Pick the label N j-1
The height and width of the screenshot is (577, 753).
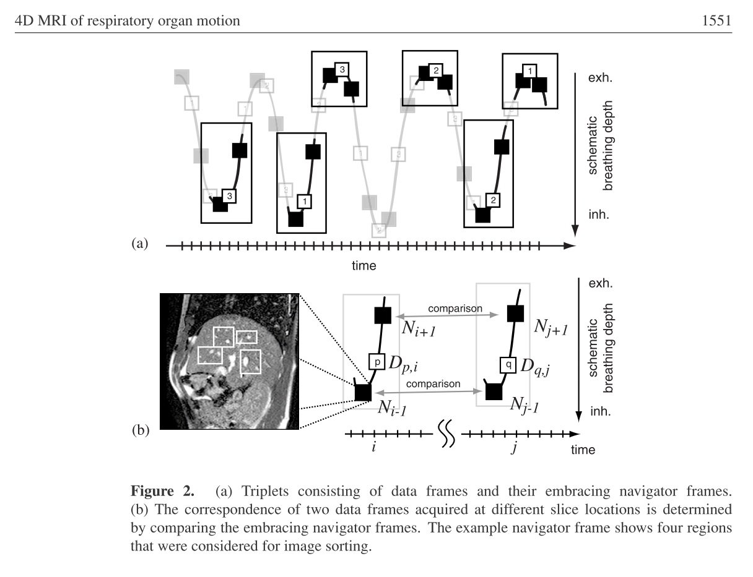(x=524, y=405)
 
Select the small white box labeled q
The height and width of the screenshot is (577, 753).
(x=508, y=365)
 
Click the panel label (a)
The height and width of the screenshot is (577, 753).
(x=139, y=244)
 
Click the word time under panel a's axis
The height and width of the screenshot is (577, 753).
(x=364, y=265)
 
